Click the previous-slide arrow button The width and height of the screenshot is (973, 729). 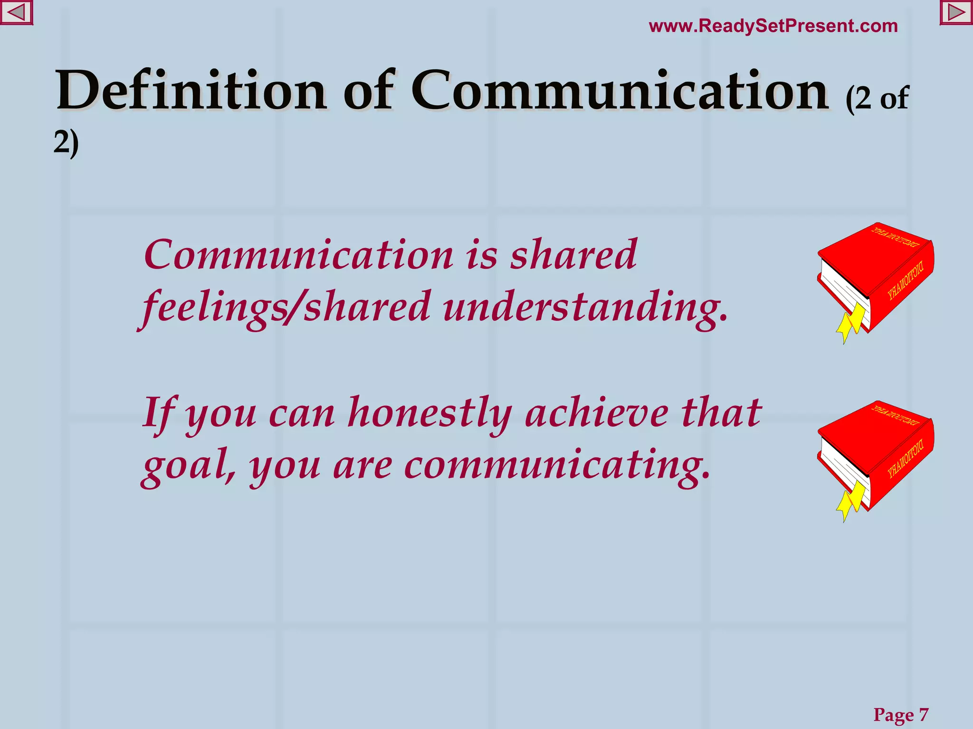click(16, 12)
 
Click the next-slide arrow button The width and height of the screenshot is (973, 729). click(956, 12)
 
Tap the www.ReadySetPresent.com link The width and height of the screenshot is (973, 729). click(773, 26)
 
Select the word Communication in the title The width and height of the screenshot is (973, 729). click(620, 90)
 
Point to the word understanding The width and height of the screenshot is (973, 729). click(585, 308)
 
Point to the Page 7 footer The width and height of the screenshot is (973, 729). click(901, 714)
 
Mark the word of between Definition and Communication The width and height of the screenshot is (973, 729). click(369, 90)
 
